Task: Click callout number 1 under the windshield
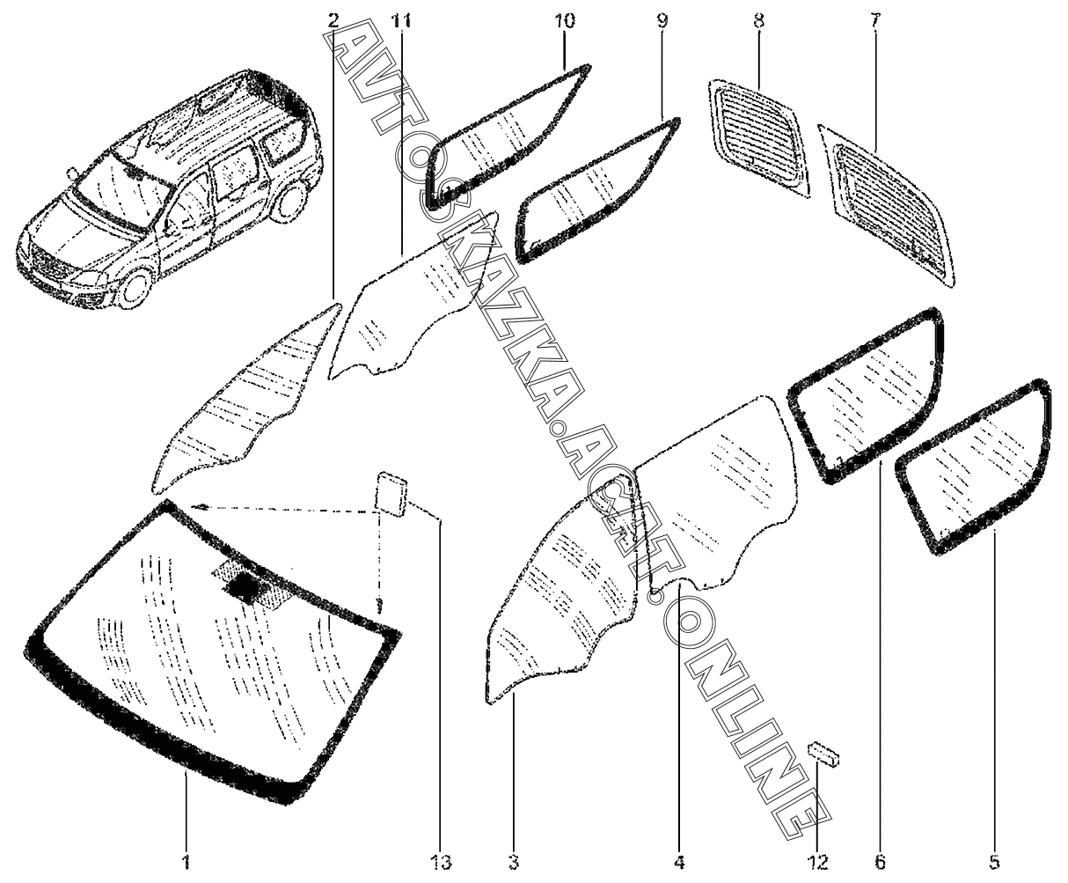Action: click(x=187, y=860)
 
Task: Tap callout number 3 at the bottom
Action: click(x=514, y=860)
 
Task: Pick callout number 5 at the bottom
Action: click(x=995, y=860)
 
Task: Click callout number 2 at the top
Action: click(x=333, y=20)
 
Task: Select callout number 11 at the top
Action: click(x=402, y=20)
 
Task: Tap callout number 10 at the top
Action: click(x=564, y=20)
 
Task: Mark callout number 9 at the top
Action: click(x=662, y=20)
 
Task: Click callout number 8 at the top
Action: click(x=758, y=20)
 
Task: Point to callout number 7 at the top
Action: click(x=874, y=20)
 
